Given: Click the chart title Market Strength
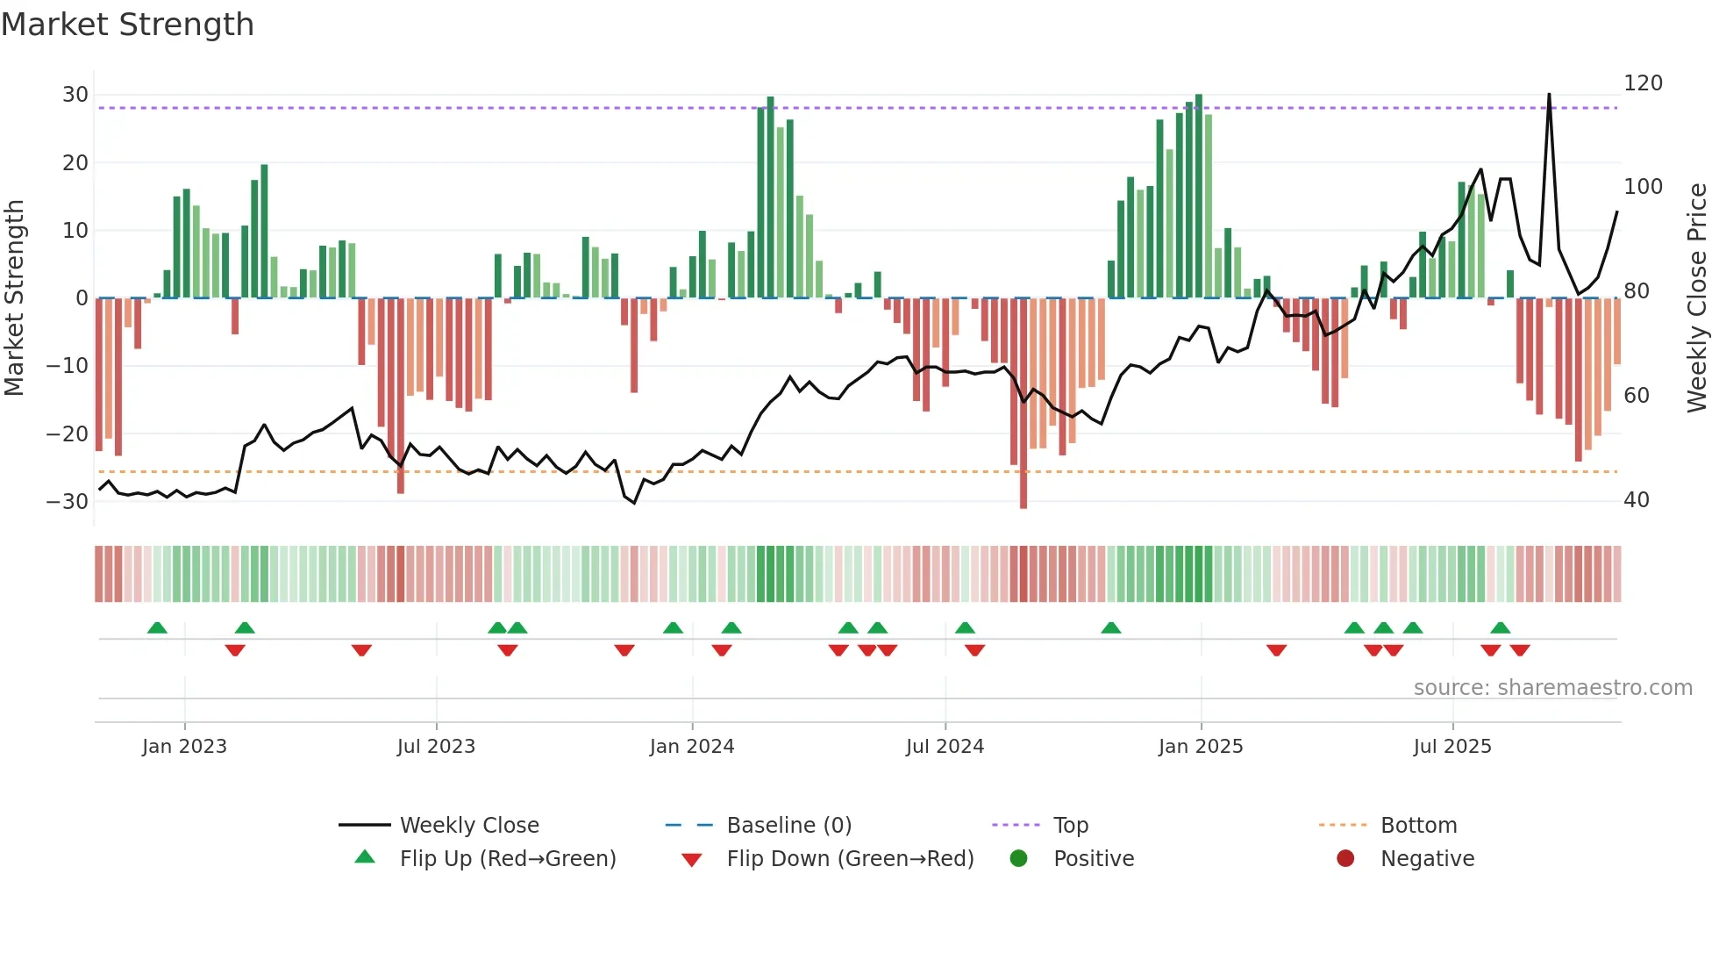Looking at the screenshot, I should tap(127, 25).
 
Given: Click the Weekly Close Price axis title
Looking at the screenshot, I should tap(1697, 298).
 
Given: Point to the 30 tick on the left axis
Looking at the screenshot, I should tap(75, 95).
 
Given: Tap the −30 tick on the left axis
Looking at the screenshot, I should tap(68, 502).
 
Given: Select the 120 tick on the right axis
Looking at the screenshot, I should tap(1643, 83).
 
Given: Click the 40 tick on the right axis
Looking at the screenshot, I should tap(1637, 500).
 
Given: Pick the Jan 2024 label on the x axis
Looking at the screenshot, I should tap(692, 747).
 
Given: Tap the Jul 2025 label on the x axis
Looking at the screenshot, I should tap(1452, 747).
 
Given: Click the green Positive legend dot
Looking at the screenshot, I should tap(1018, 859).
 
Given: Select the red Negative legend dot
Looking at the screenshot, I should tap(1345, 859).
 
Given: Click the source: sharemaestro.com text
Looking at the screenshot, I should tap(1552, 688).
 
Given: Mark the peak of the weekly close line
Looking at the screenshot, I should tap(1549, 95).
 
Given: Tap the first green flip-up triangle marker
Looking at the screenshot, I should tap(157, 628).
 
